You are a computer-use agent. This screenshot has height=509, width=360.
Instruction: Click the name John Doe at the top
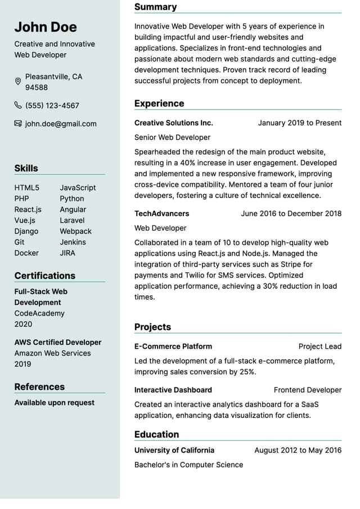click(46, 27)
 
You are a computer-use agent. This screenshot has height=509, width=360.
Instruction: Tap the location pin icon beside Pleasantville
click(18, 82)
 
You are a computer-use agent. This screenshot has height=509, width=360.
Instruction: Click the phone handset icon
click(18, 105)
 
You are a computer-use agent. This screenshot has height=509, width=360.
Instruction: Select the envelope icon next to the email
click(18, 124)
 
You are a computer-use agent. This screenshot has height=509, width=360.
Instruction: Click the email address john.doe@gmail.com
click(61, 124)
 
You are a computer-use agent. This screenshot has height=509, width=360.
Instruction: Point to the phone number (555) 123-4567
click(52, 105)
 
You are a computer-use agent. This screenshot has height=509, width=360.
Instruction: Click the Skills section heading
click(26, 168)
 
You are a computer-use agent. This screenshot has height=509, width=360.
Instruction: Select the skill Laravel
click(72, 220)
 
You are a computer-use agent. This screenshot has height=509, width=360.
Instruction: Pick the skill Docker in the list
click(26, 253)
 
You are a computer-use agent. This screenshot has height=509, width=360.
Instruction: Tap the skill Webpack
click(75, 231)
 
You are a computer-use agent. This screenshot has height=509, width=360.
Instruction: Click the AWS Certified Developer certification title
click(58, 342)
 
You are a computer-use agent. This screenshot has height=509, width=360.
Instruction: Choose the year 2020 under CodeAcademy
click(23, 324)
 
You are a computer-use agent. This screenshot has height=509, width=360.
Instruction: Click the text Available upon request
click(55, 402)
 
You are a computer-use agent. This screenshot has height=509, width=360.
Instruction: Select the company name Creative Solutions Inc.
click(173, 123)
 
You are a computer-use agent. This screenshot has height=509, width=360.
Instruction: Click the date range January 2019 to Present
click(299, 123)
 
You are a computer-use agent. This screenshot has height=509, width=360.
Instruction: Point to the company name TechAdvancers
click(161, 214)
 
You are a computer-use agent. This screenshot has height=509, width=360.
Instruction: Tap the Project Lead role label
click(319, 346)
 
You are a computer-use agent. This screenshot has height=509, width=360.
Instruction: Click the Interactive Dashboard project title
click(173, 390)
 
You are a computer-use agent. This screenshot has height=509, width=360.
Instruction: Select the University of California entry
click(174, 450)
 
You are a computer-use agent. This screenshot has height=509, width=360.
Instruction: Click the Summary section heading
click(155, 7)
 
